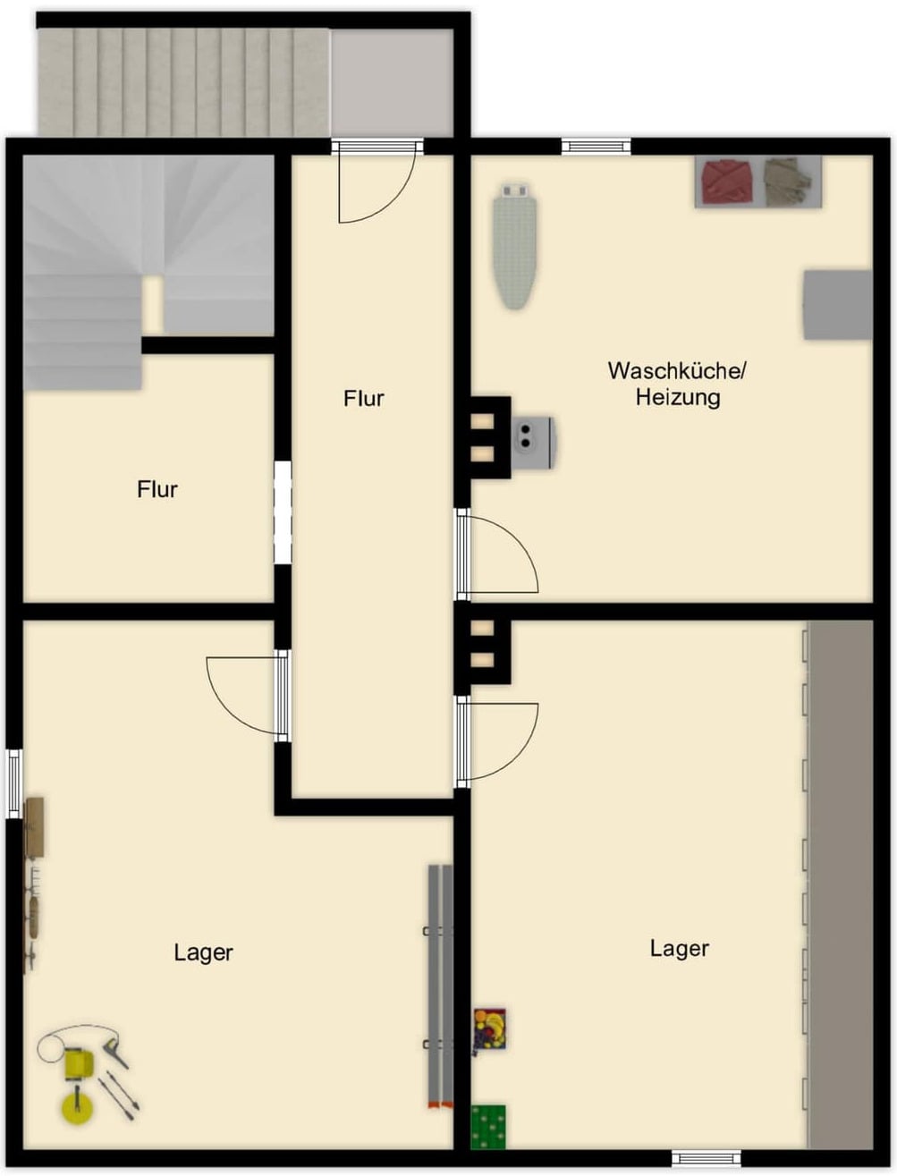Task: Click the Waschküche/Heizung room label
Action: pyautogui.click(x=677, y=385)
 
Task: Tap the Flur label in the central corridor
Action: pyautogui.click(x=364, y=399)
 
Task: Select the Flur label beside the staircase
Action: pyautogui.click(x=157, y=489)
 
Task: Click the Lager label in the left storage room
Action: pyautogui.click(x=204, y=952)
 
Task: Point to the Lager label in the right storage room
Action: pyautogui.click(x=680, y=948)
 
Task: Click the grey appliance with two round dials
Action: pyautogui.click(x=533, y=443)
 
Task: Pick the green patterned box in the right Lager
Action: pyautogui.click(x=488, y=1127)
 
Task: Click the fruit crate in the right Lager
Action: pyautogui.click(x=490, y=1028)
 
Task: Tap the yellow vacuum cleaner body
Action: pyautogui.click(x=79, y=1064)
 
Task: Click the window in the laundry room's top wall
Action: pyautogui.click(x=596, y=147)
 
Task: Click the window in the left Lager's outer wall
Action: pyautogui.click(x=14, y=783)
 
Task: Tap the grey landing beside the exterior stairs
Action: pyautogui.click(x=392, y=82)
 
